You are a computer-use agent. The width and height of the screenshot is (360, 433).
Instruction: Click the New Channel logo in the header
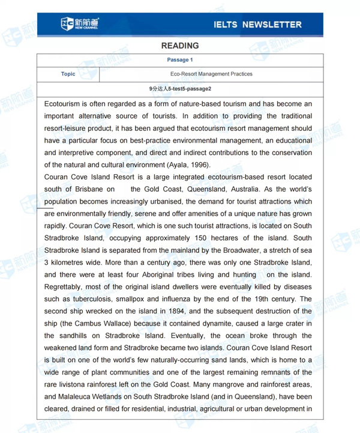point(79,24)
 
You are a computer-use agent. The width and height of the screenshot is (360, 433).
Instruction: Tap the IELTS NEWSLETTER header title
point(257,25)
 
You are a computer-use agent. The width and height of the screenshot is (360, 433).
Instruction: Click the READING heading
point(180,46)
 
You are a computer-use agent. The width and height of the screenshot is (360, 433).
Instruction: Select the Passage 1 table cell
point(180,60)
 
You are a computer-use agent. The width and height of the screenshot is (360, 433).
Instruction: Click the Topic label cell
point(68,74)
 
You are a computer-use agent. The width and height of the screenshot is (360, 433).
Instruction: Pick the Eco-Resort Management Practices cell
point(211,74)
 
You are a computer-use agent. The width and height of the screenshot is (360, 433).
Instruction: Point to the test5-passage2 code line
point(180,89)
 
